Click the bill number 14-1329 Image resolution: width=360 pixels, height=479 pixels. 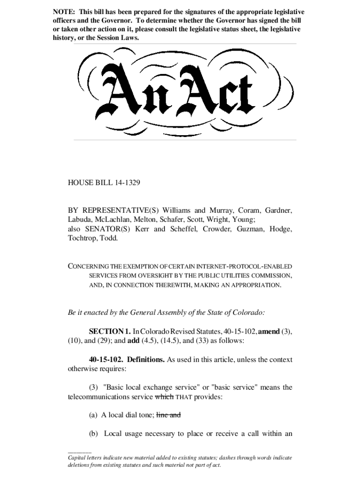pos(126,183)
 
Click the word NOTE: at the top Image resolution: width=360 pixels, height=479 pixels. pos(65,12)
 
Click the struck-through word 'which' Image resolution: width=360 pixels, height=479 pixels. pos(165,397)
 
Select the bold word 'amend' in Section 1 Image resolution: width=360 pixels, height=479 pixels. pos(269,332)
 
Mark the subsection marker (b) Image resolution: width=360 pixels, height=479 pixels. pos(94,434)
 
